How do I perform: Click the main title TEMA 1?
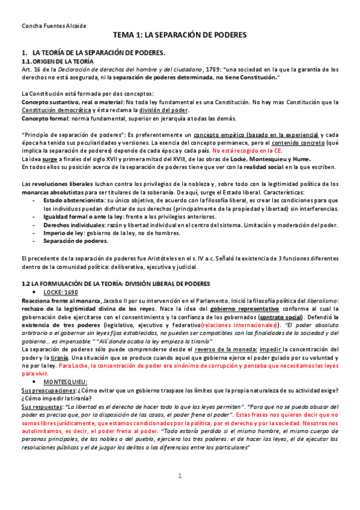(x=180, y=35)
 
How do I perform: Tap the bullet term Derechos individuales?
(x=76, y=224)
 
